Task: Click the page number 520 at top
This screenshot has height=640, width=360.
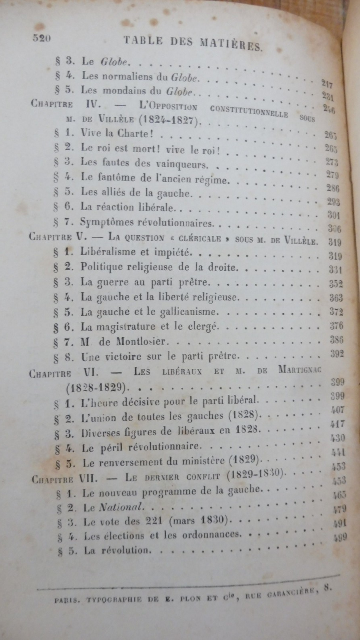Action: pyautogui.click(x=41, y=38)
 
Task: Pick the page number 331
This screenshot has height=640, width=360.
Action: pyautogui.click(x=335, y=268)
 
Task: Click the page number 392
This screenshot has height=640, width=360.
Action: pyautogui.click(x=337, y=354)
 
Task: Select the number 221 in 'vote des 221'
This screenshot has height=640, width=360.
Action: pyautogui.click(x=156, y=521)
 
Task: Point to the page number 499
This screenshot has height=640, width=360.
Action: pyautogui.click(x=340, y=538)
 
